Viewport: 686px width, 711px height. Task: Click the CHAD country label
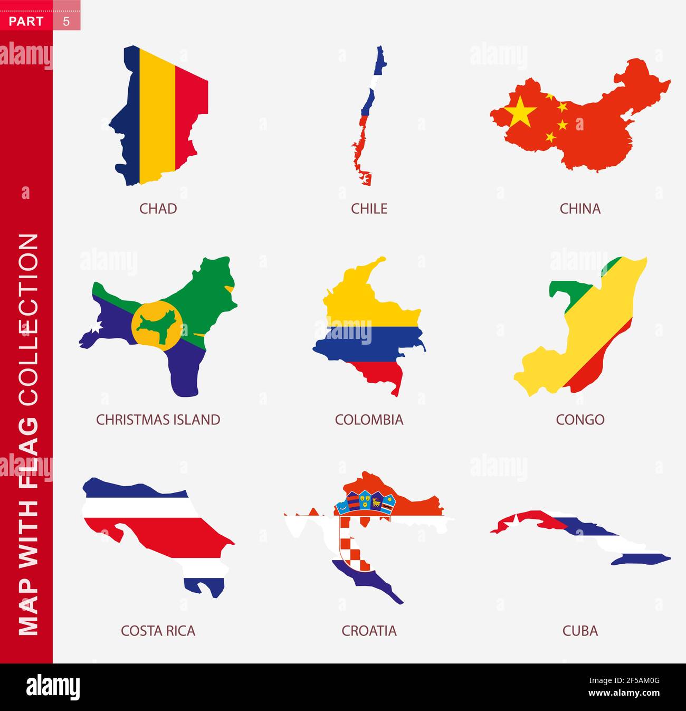[x=158, y=208]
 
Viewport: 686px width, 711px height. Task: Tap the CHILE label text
[x=369, y=208]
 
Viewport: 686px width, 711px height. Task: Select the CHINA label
[x=580, y=208]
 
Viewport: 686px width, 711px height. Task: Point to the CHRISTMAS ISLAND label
[x=158, y=420]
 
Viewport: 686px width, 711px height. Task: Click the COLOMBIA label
[x=369, y=420]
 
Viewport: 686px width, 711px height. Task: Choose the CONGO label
[x=580, y=420]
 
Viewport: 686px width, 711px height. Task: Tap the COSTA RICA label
[x=158, y=631]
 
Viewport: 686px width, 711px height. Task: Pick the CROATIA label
[x=369, y=631]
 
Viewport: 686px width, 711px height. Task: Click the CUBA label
[x=580, y=631]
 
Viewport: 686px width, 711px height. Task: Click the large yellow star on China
[x=520, y=111]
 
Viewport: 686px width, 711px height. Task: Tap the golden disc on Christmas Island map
[x=157, y=326]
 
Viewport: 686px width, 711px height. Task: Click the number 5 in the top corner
[x=66, y=21]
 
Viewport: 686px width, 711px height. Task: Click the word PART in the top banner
[x=26, y=21]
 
